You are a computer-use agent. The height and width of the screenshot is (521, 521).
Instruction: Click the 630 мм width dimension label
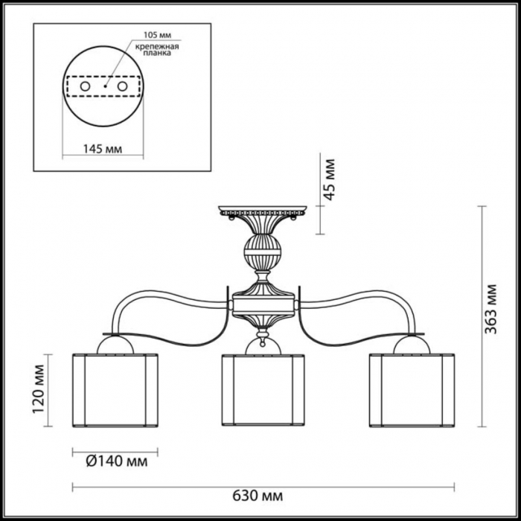coord(258,496)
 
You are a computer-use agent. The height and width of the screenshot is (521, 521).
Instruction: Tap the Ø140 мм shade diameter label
coord(117,461)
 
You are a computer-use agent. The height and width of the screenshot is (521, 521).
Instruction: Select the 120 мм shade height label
coord(39,389)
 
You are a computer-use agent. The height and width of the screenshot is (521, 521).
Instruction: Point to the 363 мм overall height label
coord(490,309)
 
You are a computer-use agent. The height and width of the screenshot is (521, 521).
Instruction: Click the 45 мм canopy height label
coord(329,180)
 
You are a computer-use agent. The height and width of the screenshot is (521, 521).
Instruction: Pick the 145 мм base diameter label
coord(103,149)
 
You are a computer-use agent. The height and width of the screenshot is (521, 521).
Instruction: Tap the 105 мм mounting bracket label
coord(158,35)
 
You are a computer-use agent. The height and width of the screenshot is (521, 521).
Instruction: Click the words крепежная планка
coord(157,50)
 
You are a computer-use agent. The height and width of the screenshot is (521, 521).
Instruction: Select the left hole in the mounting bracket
coord(85,86)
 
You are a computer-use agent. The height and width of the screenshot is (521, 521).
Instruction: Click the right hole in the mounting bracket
coord(122,86)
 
